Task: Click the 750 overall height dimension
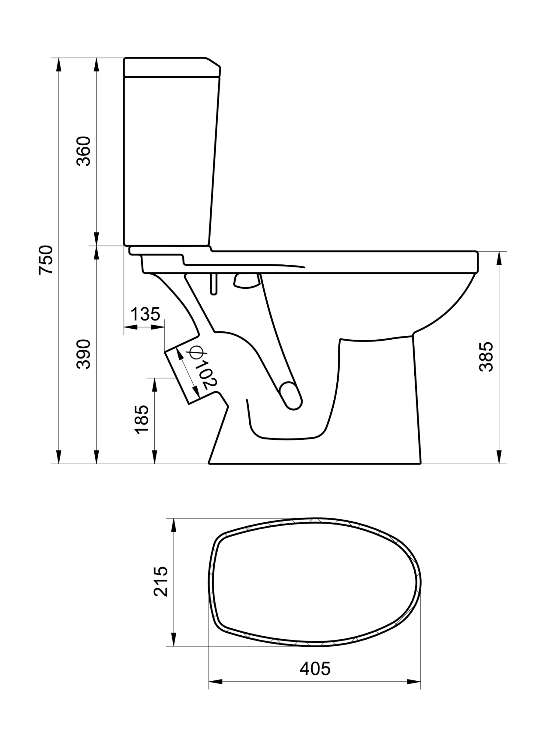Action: coord(46,260)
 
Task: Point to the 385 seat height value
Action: coord(486,357)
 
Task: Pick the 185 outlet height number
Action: coord(141,419)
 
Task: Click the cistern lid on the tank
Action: coord(172,67)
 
